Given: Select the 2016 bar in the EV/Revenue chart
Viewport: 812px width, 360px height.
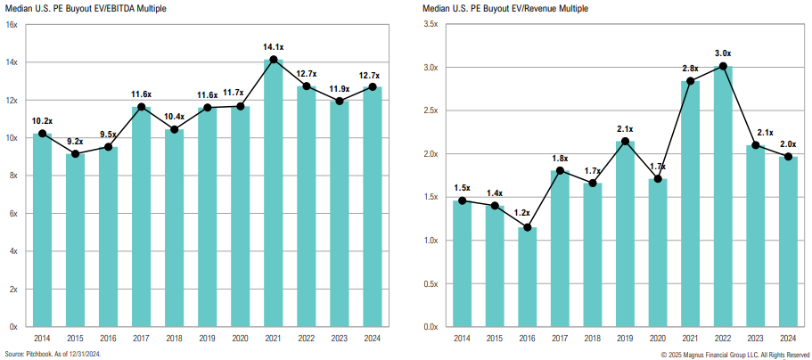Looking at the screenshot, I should click(x=528, y=277).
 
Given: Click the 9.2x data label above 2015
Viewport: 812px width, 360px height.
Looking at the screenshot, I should click(x=75, y=141).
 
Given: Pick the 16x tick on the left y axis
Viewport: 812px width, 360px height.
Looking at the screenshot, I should click(x=12, y=25).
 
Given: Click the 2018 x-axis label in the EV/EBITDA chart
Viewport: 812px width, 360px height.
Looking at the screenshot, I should click(x=174, y=339).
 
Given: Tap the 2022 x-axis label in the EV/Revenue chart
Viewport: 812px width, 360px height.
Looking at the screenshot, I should click(x=723, y=339).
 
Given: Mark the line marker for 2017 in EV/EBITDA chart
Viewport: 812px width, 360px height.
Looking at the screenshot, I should click(x=141, y=107).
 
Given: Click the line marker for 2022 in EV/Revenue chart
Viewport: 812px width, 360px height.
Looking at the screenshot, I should click(x=723, y=66).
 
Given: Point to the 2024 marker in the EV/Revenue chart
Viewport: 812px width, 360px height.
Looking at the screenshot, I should click(x=788, y=157).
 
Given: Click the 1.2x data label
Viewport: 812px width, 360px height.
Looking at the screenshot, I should click(x=528, y=213).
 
